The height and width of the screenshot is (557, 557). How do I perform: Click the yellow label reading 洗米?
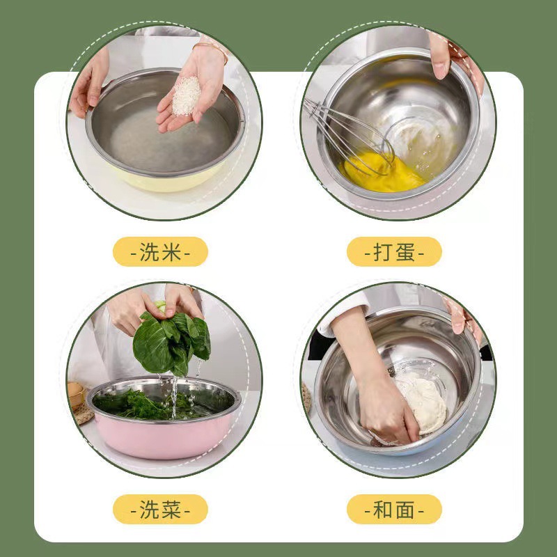(161, 251)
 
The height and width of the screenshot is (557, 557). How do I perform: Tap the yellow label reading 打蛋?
(394, 251)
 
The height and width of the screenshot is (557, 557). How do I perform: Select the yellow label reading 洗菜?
(161, 509)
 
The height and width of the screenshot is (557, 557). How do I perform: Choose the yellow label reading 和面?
(394, 509)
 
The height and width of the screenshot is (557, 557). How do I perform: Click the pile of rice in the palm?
(186, 96)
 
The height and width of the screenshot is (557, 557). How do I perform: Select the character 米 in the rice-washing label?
(171, 251)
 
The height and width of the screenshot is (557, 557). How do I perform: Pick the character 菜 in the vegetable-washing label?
(171, 509)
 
